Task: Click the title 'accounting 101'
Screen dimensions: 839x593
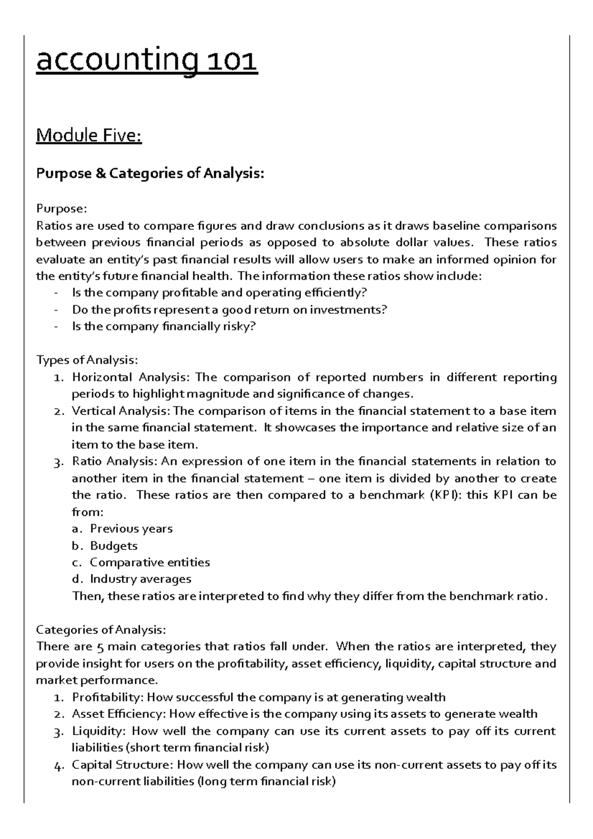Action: point(147,62)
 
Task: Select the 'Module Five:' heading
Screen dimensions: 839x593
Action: point(89,135)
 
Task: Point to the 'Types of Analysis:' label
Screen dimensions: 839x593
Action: point(87,360)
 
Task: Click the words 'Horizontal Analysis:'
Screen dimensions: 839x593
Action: point(130,378)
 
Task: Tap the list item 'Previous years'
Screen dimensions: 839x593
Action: point(131,529)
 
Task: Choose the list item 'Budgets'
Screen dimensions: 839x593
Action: point(114,545)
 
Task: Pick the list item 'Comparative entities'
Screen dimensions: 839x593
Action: point(150,562)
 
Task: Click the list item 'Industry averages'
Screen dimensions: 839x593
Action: point(140,579)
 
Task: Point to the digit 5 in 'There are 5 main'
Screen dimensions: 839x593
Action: point(99,647)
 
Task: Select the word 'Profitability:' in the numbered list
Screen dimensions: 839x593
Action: point(108,697)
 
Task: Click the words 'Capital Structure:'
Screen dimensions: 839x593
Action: point(122,765)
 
